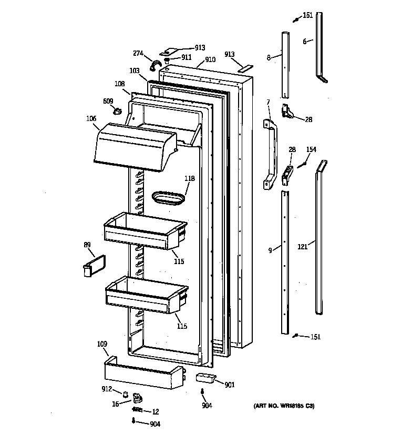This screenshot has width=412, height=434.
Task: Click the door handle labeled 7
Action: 270,153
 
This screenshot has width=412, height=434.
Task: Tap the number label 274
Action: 138,53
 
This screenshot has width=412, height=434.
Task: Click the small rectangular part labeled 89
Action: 94,264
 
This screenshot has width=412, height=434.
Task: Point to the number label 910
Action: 210,60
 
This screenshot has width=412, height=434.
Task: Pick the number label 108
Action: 119,84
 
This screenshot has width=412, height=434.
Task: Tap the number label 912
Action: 107,389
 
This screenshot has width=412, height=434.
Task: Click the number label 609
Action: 107,101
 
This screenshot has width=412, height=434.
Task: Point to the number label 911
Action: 186,57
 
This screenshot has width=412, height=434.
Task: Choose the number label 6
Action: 304,42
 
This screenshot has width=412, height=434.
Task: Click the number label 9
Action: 270,251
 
